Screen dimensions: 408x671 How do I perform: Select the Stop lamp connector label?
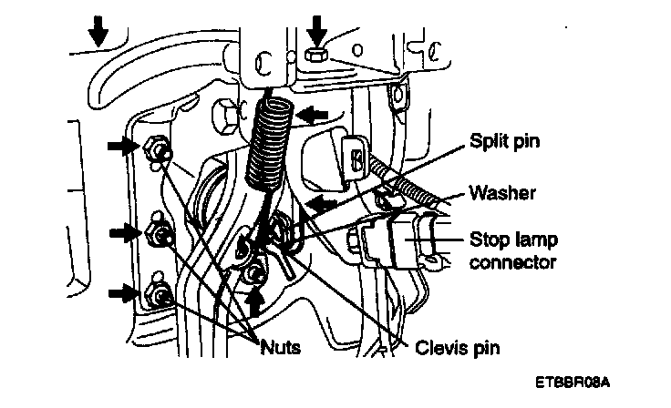(513, 251)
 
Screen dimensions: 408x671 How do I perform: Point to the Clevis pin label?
(458, 347)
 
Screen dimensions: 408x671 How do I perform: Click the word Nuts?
(281, 346)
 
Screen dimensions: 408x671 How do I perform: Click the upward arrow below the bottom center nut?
(257, 300)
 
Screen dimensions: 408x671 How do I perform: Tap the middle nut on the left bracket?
(160, 236)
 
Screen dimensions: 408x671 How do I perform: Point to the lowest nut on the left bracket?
(160, 295)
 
